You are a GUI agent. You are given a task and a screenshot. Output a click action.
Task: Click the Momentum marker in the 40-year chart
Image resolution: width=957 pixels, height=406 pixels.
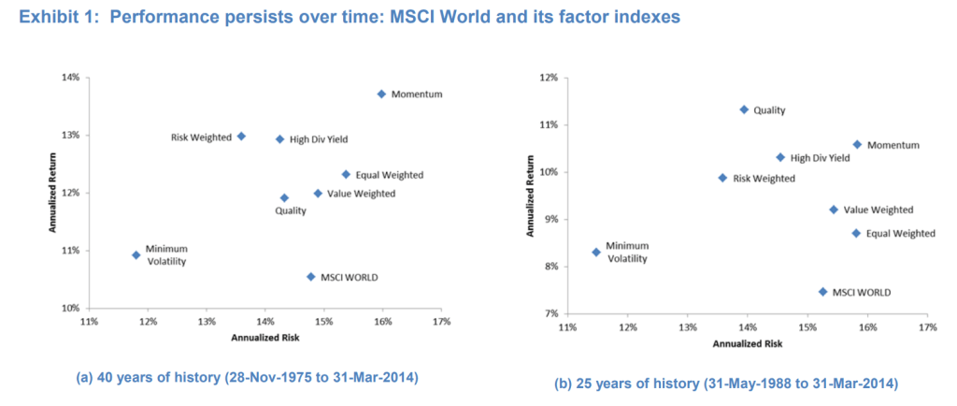381,94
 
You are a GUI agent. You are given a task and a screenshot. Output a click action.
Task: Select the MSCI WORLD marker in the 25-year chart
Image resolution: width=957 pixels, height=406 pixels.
822,292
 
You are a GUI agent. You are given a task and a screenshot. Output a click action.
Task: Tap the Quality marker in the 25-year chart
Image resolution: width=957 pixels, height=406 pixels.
744,109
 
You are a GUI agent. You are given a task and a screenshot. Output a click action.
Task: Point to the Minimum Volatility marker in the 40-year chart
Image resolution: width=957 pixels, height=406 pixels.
136,254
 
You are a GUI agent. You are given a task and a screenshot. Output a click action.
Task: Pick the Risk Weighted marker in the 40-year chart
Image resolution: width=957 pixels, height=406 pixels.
241,136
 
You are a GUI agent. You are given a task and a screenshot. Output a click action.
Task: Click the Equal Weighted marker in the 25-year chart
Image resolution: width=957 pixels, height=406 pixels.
855,233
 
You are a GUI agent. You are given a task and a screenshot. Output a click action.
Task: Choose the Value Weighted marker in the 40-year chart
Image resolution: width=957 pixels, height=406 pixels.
318,194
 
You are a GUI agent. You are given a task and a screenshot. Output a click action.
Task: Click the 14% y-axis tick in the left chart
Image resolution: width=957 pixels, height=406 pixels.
70,77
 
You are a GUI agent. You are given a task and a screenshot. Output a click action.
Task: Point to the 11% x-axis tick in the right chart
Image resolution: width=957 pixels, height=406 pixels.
567,328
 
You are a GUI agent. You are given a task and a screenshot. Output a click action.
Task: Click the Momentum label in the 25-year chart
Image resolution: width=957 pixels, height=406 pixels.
893,145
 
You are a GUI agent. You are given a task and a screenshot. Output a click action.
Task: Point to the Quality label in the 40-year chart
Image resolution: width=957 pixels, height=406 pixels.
291,211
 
